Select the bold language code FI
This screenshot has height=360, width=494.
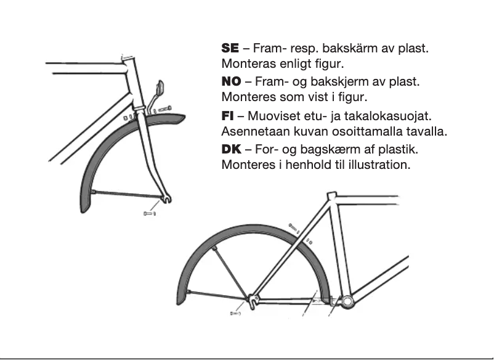point(227,116)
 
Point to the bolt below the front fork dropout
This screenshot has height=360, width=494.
point(148,213)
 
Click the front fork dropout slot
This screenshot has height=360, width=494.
point(166,198)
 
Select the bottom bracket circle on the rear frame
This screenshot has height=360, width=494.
point(347,301)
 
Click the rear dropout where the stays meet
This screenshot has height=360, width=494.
point(252,301)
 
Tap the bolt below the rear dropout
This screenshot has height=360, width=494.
point(235,313)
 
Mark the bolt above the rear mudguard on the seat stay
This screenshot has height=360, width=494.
point(293,227)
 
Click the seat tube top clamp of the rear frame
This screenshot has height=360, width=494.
point(331,196)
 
